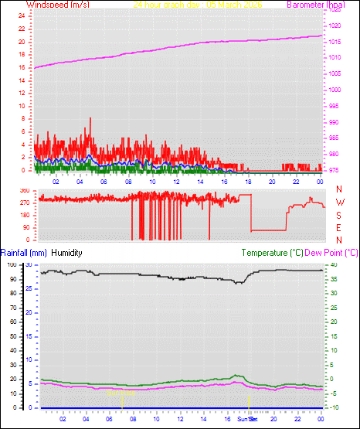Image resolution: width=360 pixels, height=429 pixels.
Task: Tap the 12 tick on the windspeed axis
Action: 21,93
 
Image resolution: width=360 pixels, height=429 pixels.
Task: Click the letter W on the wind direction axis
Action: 339,202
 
